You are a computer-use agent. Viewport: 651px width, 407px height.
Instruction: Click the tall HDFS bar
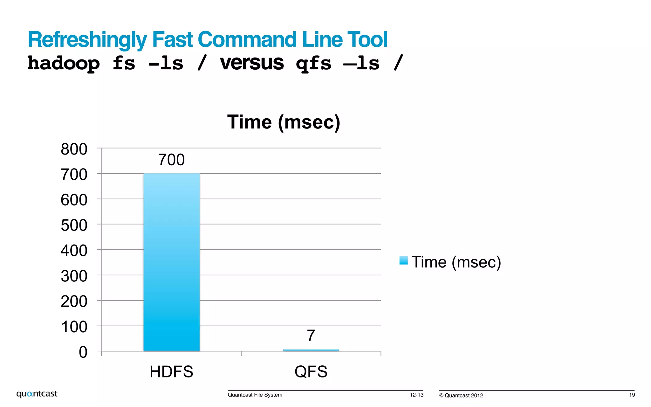click(x=171, y=262)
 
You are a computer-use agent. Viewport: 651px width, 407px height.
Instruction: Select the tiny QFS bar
click(x=311, y=350)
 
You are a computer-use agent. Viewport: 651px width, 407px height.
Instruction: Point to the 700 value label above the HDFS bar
click(x=171, y=160)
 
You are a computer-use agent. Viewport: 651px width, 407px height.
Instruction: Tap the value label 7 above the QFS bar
click(x=311, y=336)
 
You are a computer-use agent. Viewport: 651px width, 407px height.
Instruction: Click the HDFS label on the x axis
click(x=171, y=372)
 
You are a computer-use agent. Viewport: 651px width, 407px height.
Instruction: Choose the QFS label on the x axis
click(x=311, y=372)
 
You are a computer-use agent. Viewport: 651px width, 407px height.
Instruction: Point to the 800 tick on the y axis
click(x=74, y=149)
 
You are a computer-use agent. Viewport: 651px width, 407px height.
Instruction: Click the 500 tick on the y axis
click(x=74, y=225)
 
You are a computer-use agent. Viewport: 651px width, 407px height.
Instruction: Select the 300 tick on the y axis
click(x=74, y=276)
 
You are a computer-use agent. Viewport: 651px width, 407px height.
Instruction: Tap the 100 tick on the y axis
click(x=74, y=327)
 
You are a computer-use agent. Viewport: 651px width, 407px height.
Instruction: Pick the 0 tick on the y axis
click(x=83, y=352)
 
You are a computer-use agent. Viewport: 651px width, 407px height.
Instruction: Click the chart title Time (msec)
click(x=284, y=122)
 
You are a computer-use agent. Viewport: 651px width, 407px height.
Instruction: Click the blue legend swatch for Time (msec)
click(x=403, y=260)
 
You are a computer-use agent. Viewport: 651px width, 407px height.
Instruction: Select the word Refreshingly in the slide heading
click(x=87, y=40)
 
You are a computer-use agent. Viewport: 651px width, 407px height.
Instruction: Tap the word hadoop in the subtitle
click(x=64, y=63)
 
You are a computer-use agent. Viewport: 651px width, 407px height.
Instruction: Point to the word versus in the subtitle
click(x=252, y=63)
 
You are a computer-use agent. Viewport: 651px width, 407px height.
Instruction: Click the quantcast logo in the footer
click(x=37, y=394)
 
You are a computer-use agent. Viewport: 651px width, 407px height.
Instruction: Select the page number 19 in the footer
click(x=632, y=395)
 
